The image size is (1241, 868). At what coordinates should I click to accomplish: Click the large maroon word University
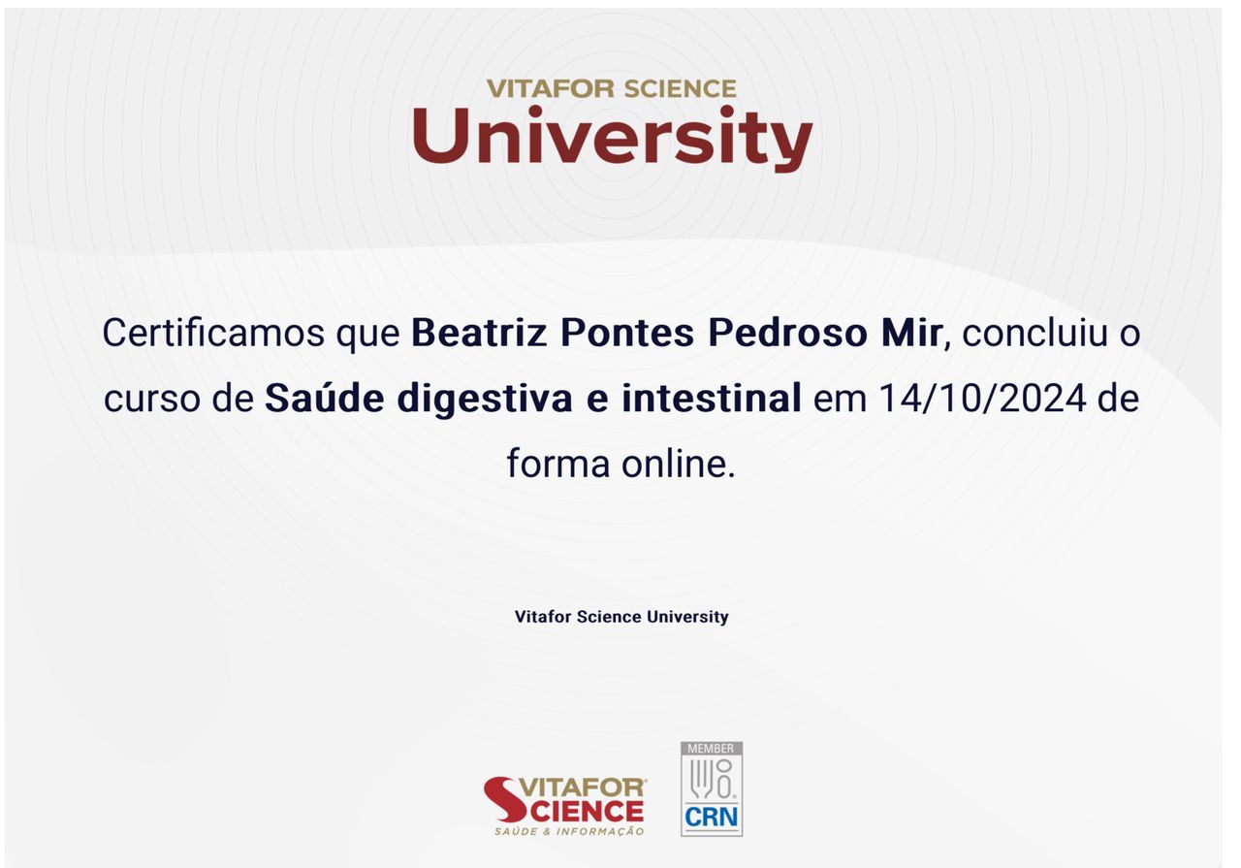pos(612,138)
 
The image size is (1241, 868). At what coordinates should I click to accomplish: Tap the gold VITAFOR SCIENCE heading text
pos(612,88)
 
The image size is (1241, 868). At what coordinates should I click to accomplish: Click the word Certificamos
pos(214,334)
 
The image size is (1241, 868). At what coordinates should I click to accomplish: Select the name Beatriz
pos(479,334)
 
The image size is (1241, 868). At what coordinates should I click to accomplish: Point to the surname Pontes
pos(627,334)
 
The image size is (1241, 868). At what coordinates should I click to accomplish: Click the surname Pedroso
pos(788,334)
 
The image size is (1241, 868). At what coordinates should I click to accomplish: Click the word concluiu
pos(1034,334)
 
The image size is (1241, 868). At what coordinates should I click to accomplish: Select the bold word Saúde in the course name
pos(325,398)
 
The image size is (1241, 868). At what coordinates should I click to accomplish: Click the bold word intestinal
pos(712,398)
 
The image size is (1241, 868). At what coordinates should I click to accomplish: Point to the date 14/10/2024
pos(982,399)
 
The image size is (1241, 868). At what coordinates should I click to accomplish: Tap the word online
pos(678,464)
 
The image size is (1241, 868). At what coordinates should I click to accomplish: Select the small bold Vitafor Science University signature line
pos(621,617)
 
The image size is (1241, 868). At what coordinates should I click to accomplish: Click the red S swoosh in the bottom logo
pos(505,799)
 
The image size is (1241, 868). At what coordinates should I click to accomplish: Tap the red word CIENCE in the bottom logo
pos(588,812)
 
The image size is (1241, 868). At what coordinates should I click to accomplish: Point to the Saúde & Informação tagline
pos(569,831)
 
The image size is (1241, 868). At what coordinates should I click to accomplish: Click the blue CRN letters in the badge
pos(712,817)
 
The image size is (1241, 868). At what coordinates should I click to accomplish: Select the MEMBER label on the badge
pos(711,749)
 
